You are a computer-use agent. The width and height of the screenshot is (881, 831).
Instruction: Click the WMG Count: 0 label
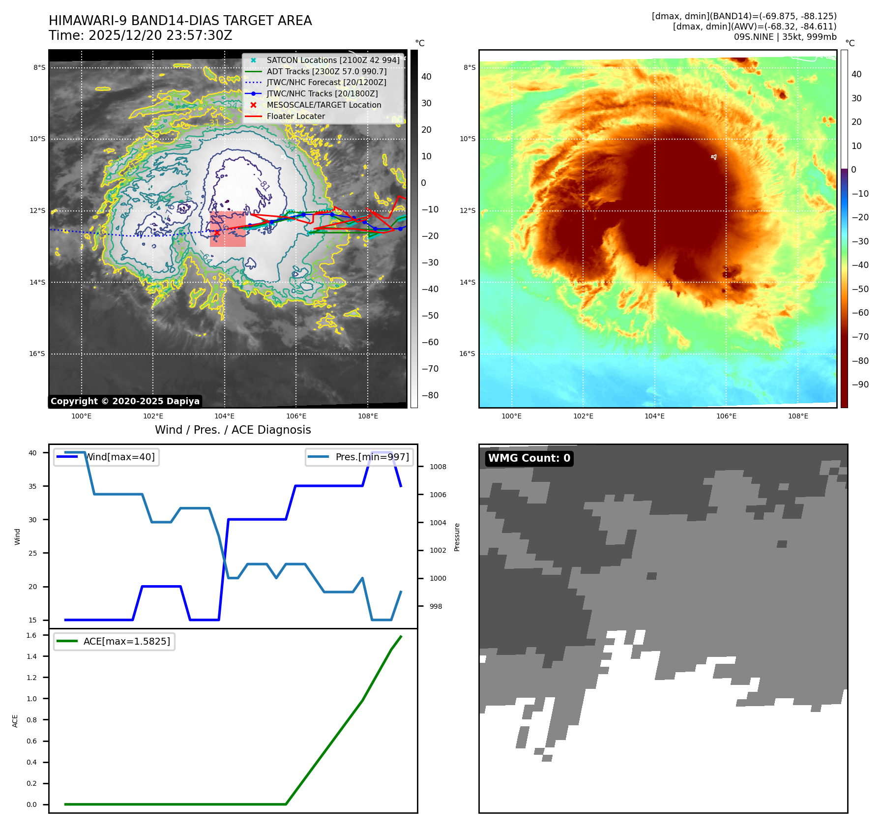pos(529,458)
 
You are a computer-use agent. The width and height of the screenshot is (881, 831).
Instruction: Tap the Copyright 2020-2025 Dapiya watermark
pos(125,401)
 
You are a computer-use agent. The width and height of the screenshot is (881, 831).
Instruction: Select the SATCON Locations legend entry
pos(333,60)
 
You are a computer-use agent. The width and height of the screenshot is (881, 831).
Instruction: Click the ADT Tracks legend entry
pos(326,71)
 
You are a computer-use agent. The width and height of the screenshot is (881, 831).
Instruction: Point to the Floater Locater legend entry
pos(295,117)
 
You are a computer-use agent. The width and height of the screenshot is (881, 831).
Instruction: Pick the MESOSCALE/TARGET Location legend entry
pos(323,105)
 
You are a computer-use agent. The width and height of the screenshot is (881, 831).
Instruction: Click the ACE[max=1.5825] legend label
pos(127,641)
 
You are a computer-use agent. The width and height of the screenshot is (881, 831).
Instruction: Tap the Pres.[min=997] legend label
pos(372,457)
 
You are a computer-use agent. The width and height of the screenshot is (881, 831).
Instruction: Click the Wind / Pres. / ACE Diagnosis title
pos(233,430)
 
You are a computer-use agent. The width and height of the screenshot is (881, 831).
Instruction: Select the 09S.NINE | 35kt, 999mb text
pos(785,37)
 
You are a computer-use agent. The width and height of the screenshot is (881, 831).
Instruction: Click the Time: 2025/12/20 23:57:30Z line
pos(140,35)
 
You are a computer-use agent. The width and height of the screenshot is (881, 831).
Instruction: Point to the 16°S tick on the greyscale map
pos(37,354)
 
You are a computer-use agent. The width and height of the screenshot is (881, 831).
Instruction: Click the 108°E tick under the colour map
pos(798,416)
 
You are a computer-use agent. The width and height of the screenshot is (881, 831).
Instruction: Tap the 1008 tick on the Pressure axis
pos(438,467)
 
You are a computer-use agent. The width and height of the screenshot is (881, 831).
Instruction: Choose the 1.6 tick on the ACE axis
pos(31,635)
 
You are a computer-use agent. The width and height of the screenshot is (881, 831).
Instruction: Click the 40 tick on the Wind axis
pos(32,453)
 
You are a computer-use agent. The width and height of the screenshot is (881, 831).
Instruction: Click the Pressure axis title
pos(457,537)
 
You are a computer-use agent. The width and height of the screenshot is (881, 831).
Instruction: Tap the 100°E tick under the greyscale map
pos(82,416)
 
